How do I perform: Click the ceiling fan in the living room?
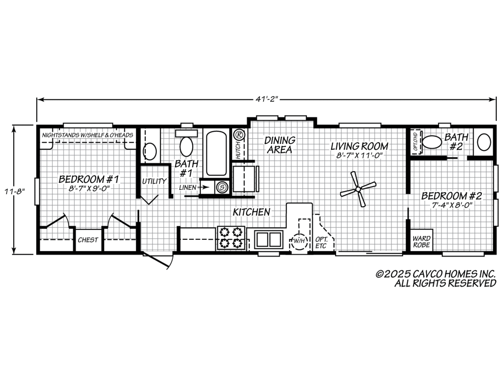click(358, 189)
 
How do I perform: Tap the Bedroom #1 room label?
click(88, 179)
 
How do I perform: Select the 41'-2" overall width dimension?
click(266, 99)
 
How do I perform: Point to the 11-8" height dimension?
click(14, 192)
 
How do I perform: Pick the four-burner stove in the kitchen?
click(231, 238)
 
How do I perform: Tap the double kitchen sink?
click(269, 239)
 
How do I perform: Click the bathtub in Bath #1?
click(217, 153)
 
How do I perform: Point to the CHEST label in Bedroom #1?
click(88, 240)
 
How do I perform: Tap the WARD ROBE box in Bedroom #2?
click(422, 240)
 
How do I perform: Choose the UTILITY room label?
click(154, 181)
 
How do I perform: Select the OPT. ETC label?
click(321, 242)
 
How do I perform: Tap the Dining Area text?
click(279, 145)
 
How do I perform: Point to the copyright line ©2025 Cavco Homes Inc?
click(436, 274)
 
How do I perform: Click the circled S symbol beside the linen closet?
click(222, 187)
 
